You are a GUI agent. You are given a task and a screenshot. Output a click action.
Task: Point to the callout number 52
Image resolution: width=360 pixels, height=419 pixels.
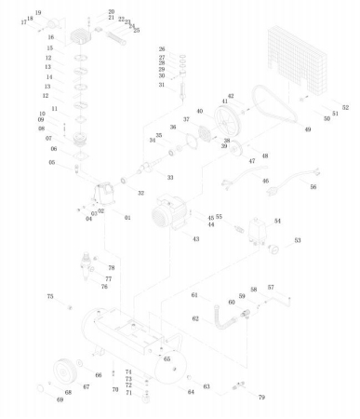point(344,109)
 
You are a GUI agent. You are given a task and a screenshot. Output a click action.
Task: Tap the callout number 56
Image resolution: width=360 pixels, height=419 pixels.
point(313,187)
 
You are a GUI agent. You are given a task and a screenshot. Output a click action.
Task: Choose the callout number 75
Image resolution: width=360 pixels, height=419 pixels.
point(50,296)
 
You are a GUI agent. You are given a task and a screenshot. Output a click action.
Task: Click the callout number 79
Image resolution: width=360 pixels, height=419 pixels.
point(261,397)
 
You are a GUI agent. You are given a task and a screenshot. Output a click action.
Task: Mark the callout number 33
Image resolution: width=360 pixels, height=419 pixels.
point(169,177)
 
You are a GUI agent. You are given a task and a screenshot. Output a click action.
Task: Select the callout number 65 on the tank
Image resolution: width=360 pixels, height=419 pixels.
point(167,358)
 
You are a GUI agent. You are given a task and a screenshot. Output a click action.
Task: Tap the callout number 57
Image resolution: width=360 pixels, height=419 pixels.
point(272,287)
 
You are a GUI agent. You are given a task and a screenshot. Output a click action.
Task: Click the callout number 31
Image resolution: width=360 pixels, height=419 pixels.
point(161,85)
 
